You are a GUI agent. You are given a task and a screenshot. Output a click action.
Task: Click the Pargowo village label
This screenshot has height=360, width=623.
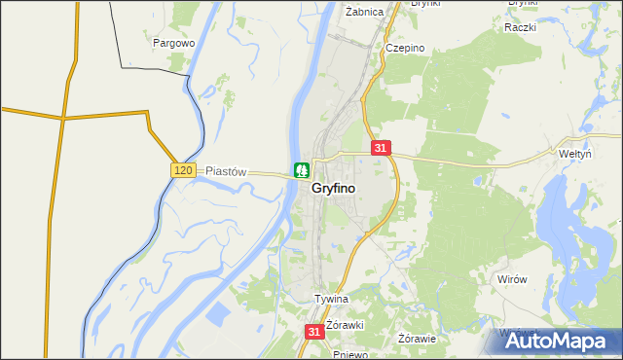pyautogui.click(x=175, y=43)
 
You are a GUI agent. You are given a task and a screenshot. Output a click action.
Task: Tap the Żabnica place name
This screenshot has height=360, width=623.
pyautogui.click(x=365, y=12)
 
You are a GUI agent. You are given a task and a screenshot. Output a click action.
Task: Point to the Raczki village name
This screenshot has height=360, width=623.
pyautogui.click(x=521, y=27)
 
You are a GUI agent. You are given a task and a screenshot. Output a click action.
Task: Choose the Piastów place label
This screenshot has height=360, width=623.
pyautogui.click(x=227, y=170)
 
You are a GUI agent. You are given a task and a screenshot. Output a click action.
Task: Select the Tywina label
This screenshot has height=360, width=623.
pyautogui.click(x=331, y=299)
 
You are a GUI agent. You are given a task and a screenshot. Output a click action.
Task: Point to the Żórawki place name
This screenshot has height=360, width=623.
pyautogui.click(x=345, y=324)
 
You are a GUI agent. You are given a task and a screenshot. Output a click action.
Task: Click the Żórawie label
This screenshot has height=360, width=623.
pyautogui.click(x=418, y=339)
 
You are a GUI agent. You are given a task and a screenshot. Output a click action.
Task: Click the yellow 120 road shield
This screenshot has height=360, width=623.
pyautogui.click(x=184, y=170)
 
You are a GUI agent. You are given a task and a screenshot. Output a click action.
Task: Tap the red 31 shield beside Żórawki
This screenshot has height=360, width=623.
pyautogui.click(x=313, y=332)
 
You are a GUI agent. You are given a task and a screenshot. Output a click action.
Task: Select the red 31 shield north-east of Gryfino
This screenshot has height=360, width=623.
pyautogui.click(x=381, y=148)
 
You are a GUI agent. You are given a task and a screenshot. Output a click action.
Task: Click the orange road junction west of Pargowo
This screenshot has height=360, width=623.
pyautogui.click(x=64, y=118)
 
